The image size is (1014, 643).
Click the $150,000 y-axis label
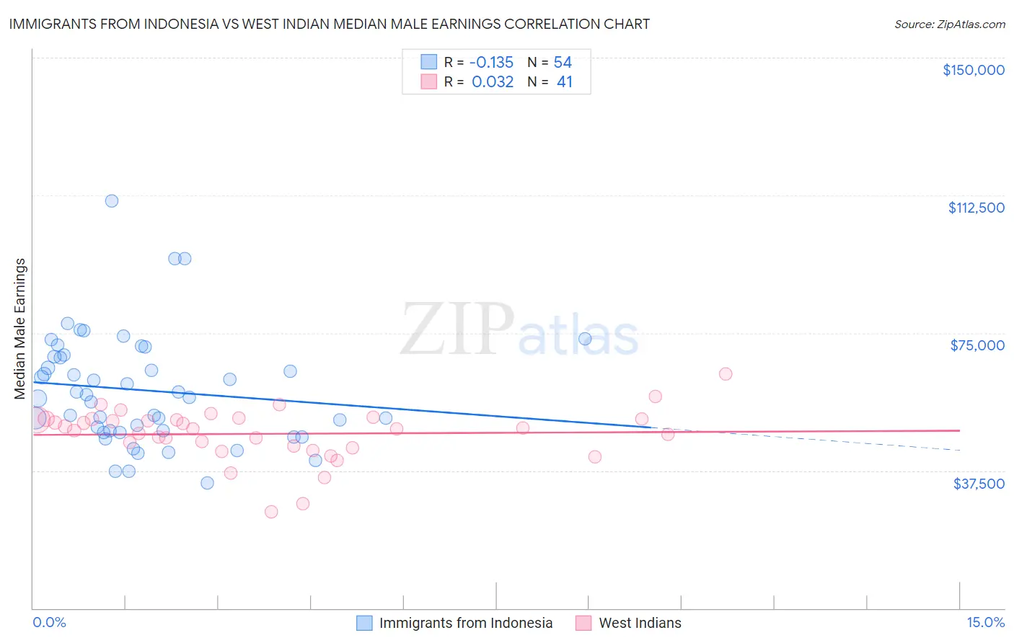click(973, 70)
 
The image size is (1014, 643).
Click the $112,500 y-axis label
click(976, 208)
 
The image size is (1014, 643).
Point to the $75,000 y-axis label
click(977, 345)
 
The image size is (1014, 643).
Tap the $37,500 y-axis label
click(979, 484)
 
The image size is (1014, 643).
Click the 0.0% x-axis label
click(49, 622)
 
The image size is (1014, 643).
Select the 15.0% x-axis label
click(985, 622)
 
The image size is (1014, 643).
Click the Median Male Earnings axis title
click(20, 328)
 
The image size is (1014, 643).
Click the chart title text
click(329, 24)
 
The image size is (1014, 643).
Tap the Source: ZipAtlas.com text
click(949, 24)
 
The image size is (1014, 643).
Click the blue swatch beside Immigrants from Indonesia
click(365, 623)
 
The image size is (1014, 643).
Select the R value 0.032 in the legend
click(493, 82)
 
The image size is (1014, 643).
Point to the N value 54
click(563, 63)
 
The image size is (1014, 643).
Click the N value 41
click(564, 82)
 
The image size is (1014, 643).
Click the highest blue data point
click(112, 201)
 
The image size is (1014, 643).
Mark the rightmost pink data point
click(726, 374)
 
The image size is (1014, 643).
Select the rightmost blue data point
click(585, 339)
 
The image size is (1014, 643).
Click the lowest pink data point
click(271, 512)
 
